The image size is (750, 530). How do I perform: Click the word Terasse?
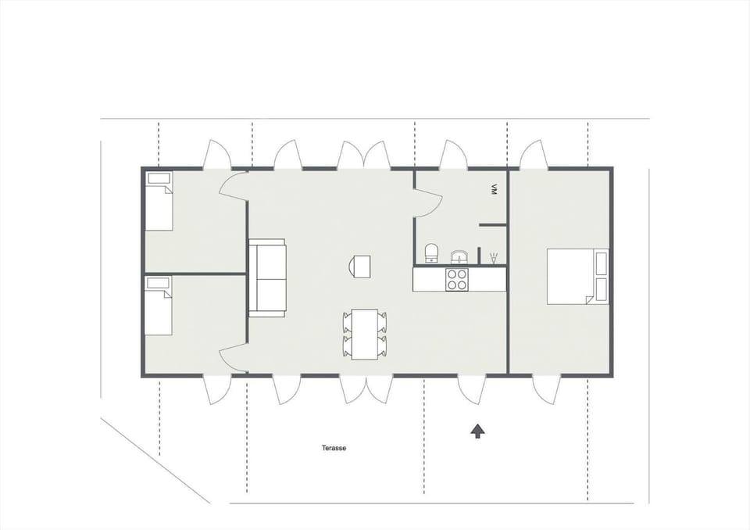tap(334, 448)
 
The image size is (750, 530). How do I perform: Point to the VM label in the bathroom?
tap(494, 189)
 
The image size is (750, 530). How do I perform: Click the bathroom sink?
tap(459, 256)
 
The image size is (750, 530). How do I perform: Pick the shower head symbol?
tap(492, 257)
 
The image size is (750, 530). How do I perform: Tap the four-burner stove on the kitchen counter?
tap(456, 279)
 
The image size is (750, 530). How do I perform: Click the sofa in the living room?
tap(267, 278)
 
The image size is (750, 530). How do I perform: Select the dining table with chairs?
tap(364, 334)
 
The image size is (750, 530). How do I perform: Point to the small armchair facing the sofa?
tap(361, 267)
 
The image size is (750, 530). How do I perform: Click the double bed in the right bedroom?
tap(577, 276)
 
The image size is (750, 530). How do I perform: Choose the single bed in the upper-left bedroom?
tap(159, 202)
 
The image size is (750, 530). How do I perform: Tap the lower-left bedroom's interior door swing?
tap(232, 360)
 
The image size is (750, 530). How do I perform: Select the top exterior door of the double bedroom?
tap(534, 155)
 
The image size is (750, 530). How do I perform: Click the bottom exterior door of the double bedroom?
tap(544, 389)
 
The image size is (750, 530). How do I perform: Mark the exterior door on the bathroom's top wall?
tap(453, 155)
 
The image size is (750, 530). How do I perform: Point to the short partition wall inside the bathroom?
tap(493, 225)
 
